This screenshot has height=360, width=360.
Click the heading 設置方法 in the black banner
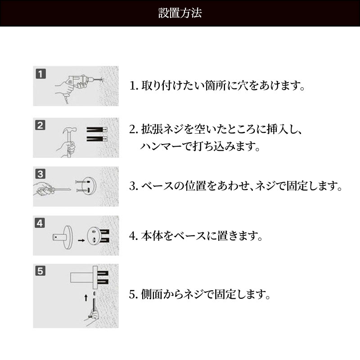(x=180, y=13)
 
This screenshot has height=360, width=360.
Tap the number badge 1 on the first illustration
(x=40, y=74)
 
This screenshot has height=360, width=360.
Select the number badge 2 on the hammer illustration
(x=40, y=125)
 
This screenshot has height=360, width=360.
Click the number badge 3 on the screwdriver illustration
(x=40, y=174)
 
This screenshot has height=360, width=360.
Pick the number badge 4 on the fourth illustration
(x=40, y=223)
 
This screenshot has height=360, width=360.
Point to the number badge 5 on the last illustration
(x=40, y=271)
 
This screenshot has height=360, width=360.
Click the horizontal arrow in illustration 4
(x=81, y=240)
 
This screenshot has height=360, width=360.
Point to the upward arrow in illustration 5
(x=86, y=298)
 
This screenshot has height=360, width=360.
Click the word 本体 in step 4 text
(x=152, y=236)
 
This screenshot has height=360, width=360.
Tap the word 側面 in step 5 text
(x=152, y=294)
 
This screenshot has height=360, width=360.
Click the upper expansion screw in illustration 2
(x=97, y=130)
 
